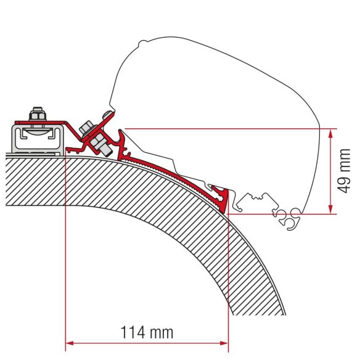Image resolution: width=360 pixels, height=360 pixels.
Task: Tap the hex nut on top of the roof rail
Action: click(35, 115)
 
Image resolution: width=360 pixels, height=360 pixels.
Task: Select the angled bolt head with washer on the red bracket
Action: click(88, 128)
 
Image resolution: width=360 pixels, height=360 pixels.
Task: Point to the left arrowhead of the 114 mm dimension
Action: click(69, 343)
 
